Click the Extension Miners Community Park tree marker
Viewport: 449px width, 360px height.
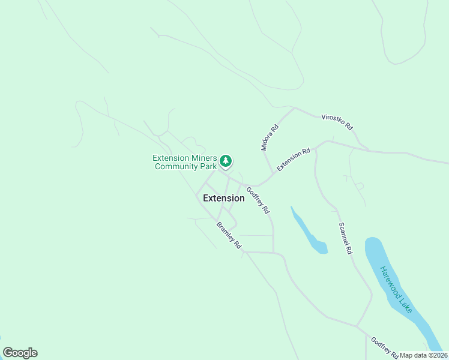226,161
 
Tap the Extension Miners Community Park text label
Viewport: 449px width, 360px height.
184,162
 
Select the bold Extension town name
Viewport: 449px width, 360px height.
223,198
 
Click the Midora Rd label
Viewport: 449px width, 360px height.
270,137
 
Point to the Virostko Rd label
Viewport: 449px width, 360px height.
337,122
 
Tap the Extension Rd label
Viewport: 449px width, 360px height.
293,159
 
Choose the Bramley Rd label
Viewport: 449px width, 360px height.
229,235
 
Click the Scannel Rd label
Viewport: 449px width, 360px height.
345,238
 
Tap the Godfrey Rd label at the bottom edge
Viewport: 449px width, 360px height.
384,348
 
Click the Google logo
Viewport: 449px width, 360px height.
20,353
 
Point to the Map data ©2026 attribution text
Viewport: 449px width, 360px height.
423,355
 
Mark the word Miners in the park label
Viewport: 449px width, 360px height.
203,158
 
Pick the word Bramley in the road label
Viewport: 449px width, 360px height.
225,232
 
